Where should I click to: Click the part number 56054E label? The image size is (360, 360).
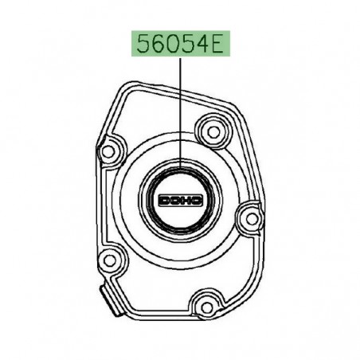180,45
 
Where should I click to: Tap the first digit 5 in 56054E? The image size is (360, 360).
143,45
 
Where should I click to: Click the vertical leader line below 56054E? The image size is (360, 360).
180,112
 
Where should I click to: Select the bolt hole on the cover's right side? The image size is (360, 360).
251,217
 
